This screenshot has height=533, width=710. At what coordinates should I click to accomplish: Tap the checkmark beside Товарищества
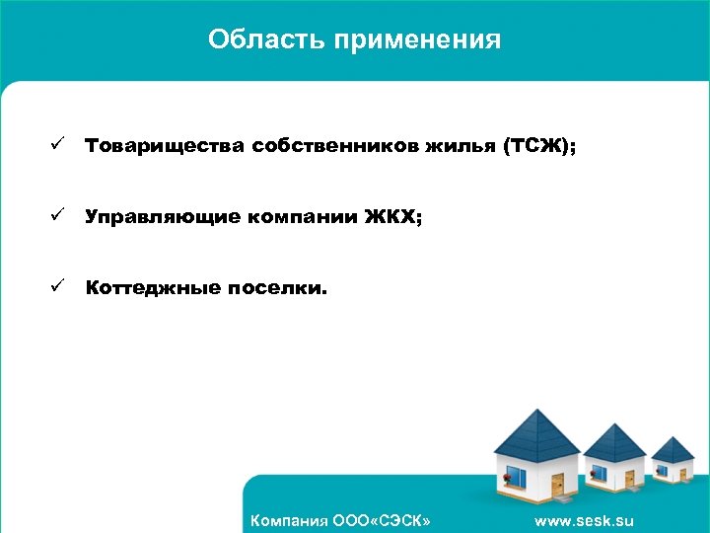tap(58, 146)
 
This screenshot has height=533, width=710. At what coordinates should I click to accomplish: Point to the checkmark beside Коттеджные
tap(58, 288)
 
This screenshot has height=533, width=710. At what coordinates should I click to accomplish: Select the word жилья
tap(460, 147)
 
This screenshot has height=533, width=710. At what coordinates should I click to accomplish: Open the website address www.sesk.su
tap(584, 520)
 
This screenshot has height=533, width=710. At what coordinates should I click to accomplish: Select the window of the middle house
tap(600, 473)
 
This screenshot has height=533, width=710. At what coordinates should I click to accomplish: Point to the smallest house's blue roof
tap(674, 449)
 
